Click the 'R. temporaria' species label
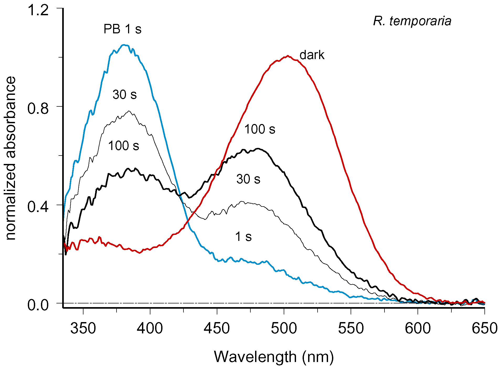(x=412, y=21)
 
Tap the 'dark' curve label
(x=312, y=55)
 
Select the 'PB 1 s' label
(x=122, y=29)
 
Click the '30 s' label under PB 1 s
(x=125, y=95)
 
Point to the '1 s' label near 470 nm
(x=243, y=237)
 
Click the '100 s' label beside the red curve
(x=260, y=129)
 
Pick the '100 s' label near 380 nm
(x=123, y=146)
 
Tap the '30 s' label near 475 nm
(x=248, y=179)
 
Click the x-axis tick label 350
(x=83, y=328)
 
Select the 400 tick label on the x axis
(x=150, y=328)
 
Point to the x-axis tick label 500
(x=284, y=328)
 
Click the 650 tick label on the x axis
(x=484, y=328)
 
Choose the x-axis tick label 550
(x=351, y=328)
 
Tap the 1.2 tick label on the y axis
(x=38, y=11)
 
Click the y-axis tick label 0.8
(x=38, y=108)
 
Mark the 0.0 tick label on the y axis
(x=38, y=305)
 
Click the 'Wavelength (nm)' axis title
(x=274, y=357)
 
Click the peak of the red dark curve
(x=288, y=56)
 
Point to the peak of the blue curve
(x=125, y=45)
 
